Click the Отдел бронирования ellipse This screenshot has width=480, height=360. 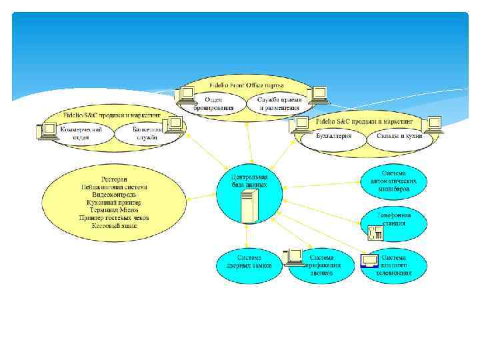pyautogui.click(x=214, y=104)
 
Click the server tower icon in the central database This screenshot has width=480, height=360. pyautogui.click(x=249, y=206)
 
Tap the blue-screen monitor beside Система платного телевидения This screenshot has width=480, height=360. pyautogui.click(x=369, y=261)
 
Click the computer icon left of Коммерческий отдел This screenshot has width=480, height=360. pyautogui.click(x=49, y=129)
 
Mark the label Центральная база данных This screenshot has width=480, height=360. pyautogui.click(x=249, y=181)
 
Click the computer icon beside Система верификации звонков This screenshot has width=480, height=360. pyautogui.click(x=293, y=257)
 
